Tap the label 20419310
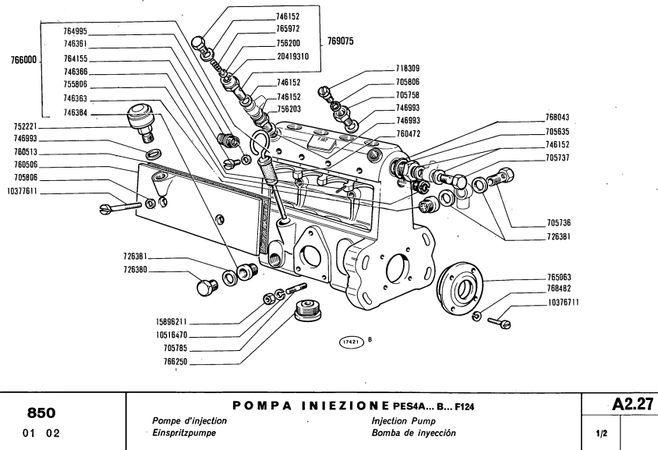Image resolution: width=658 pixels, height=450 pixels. pyautogui.click(x=292, y=56)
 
